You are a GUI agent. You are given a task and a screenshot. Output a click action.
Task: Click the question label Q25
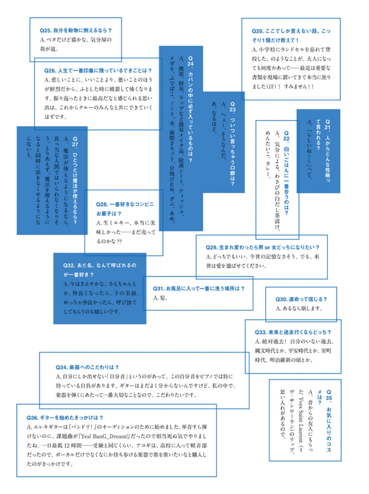[x=47, y=30]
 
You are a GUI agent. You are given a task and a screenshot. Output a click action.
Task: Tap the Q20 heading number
[x=259, y=30]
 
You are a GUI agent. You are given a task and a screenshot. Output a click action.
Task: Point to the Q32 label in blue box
[x=71, y=265]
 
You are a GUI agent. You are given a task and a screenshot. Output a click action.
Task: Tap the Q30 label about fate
[x=284, y=299]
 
